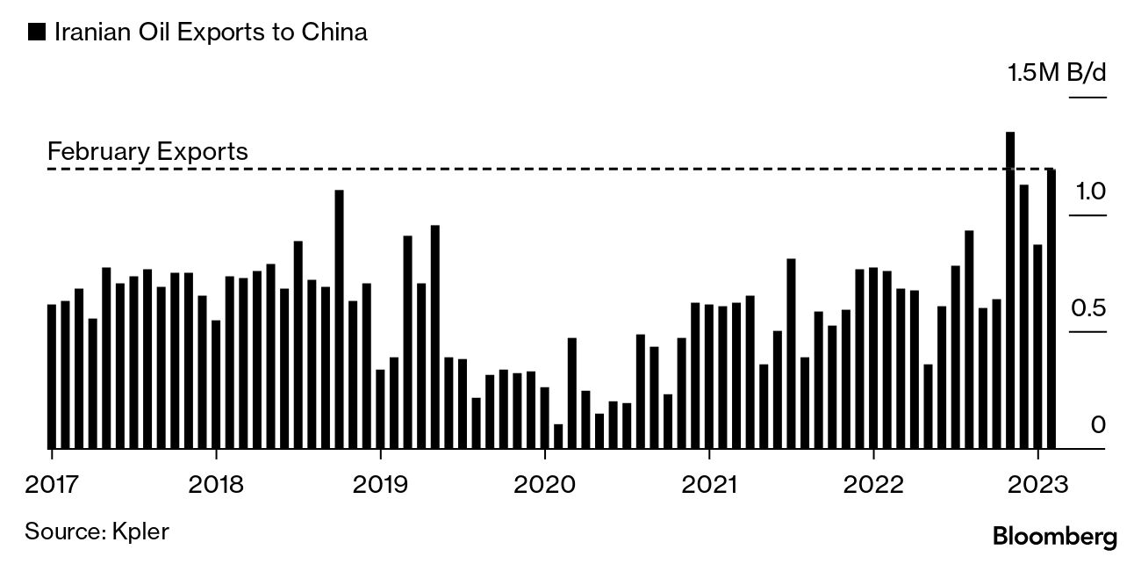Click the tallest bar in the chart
coord(1010,290)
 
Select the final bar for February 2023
coord(1051,308)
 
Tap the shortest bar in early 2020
coord(558,436)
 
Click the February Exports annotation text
coord(147,152)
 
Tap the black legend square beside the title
coord(37,33)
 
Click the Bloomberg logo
coord(1054,536)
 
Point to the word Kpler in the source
coord(140,531)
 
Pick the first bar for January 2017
coord(52,376)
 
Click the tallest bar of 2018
coord(339,319)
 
